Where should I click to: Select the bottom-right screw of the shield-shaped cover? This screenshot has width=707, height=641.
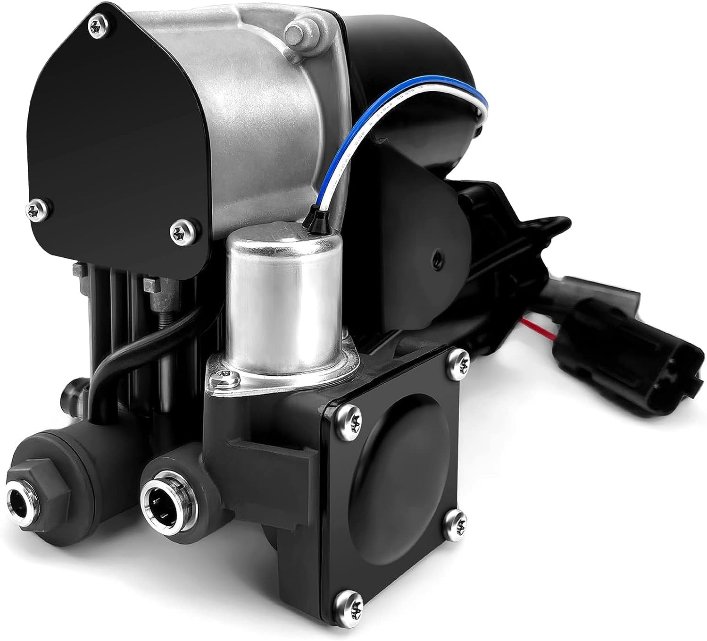click(x=180, y=231)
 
